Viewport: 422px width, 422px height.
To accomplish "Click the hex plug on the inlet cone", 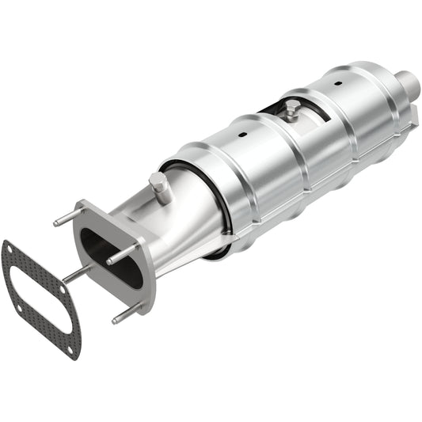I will click(x=159, y=188).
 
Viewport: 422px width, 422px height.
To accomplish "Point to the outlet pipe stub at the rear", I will click(x=409, y=81).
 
